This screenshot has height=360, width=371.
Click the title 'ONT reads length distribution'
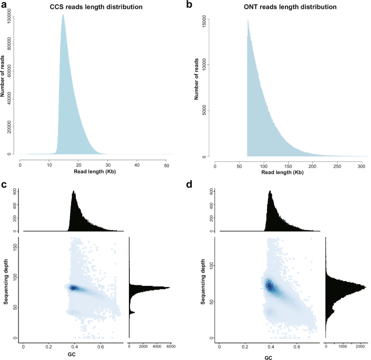point(285,7)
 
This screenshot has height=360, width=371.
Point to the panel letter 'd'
point(190,186)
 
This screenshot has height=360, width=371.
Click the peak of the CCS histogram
point(63,15)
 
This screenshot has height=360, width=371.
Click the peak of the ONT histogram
point(248,21)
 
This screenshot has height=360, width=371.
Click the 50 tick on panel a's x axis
point(166,165)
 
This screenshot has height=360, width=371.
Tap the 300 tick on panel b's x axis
point(359,165)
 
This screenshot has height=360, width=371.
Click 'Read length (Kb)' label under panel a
point(93,172)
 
